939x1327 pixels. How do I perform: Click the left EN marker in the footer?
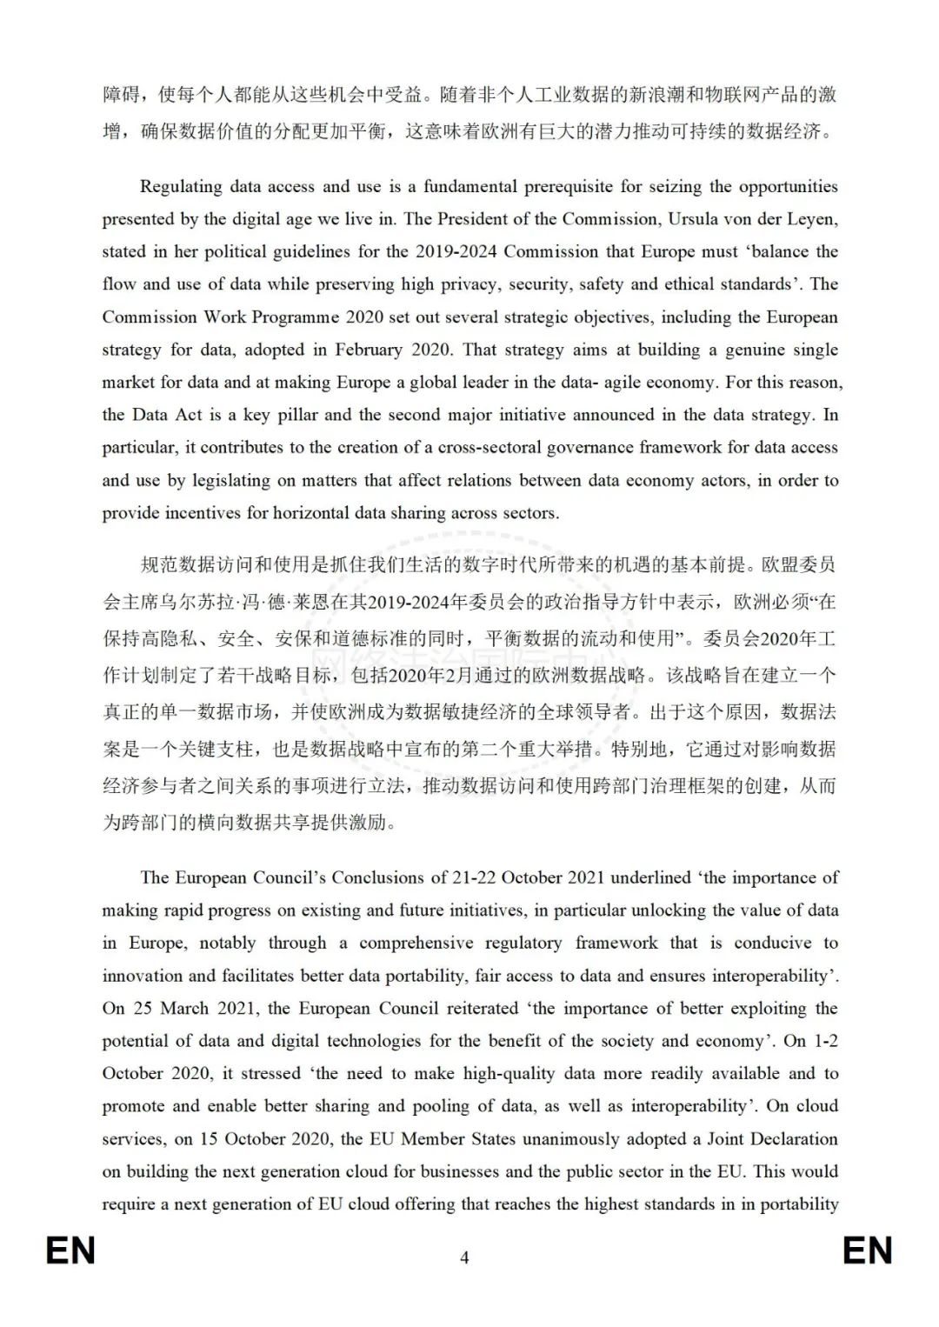coord(70,1250)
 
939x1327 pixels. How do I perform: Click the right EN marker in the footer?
coord(867,1250)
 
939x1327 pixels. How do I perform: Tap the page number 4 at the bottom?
coord(464,1257)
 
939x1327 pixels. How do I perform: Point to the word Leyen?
coord(812,219)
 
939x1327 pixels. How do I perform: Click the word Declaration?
coord(789,1138)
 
